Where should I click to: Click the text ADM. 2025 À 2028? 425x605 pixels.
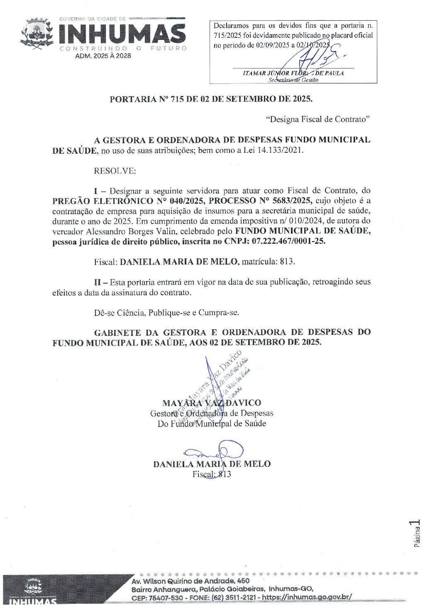tap(103, 56)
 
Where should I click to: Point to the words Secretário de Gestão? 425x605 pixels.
tap(293, 80)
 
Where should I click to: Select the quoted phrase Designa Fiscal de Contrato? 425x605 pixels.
tap(318, 120)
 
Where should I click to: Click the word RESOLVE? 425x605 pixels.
tap(115, 171)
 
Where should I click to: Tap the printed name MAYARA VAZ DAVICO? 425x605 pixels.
tap(212, 403)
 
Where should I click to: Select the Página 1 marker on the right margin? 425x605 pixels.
tap(416, 533)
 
